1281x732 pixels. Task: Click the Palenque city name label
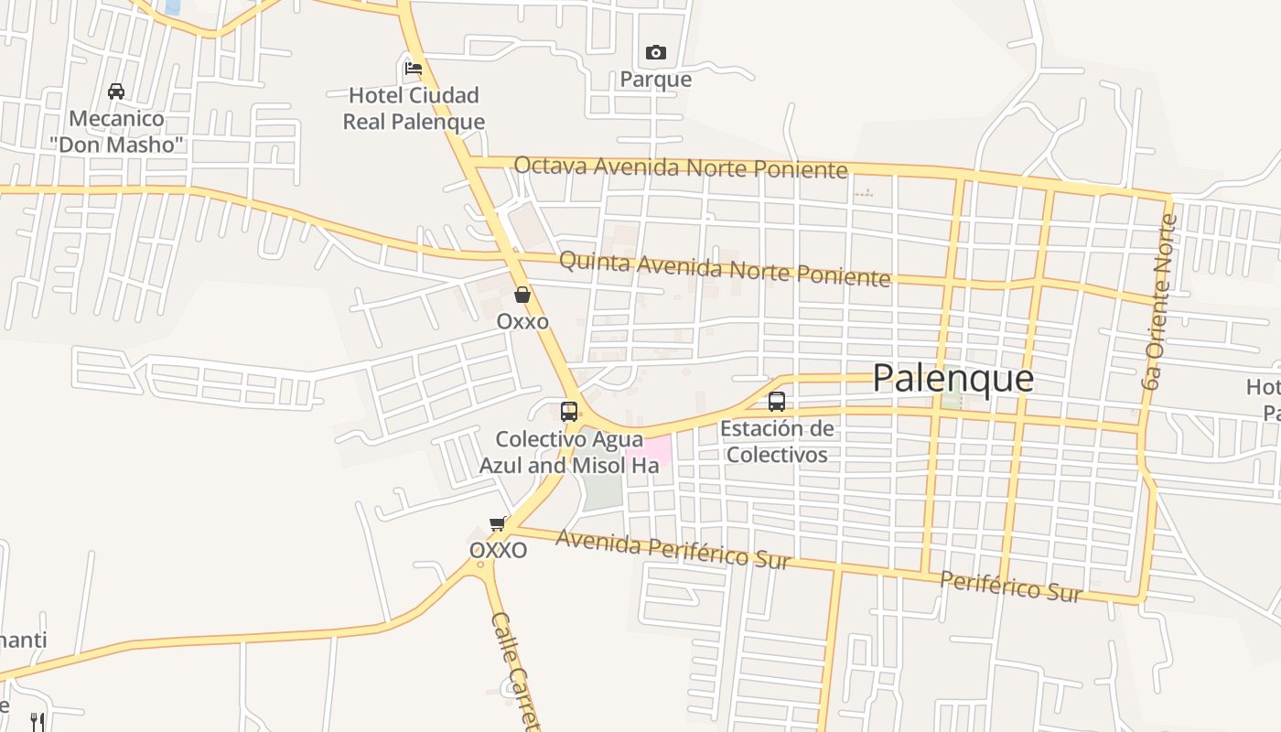(x=953, y=378)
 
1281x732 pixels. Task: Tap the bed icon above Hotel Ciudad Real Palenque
(x=414, y=68)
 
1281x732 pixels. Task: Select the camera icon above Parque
(x=656, y=53)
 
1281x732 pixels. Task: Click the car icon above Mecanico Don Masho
(x=116, y=91)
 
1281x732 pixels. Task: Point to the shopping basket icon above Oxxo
(x=522, y=295)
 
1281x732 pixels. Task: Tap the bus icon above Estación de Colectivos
(x=777, y=401)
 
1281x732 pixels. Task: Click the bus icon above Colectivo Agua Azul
(x=569, y=411)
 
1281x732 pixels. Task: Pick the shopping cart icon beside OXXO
(x=498, y=524)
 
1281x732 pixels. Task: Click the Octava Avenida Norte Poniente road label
(x=680, y=167)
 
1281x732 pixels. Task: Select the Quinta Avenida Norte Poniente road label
(x=724, y=268)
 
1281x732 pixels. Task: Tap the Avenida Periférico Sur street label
(x=673, y=548)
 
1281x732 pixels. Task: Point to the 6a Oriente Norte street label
(x=1158, y=300)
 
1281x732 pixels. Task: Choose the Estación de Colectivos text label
(x=777, y=441)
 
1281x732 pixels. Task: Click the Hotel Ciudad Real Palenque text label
(x=414, y=108)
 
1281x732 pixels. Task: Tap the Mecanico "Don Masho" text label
(x=117, y=131)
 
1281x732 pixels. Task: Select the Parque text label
(x=656, y=80)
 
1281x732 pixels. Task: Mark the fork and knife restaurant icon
(x=38, y=721)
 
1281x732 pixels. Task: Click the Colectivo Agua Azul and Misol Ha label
(x=569, y=452)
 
